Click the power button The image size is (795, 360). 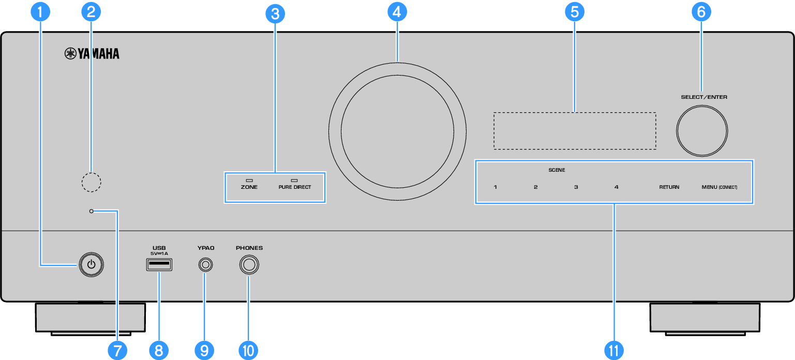92,265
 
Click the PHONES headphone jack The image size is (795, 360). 249,265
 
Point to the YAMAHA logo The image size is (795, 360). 92,54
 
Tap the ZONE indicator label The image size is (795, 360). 249,187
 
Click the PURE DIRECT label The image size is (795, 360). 294,187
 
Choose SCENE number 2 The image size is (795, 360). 536,187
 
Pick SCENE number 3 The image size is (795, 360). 576,187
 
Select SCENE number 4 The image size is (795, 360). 616,187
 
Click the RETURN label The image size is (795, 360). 669,187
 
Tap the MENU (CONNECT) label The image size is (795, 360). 719,187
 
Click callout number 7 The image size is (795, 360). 117,350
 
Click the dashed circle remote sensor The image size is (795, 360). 92,182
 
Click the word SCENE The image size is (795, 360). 557,170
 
